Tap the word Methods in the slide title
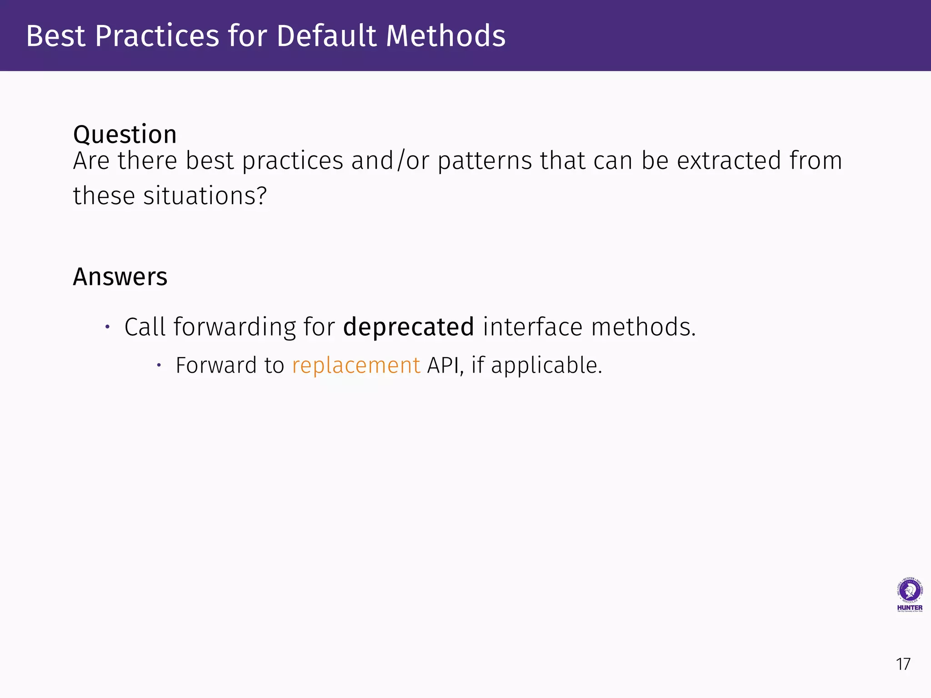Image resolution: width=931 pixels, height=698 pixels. [x=445, y=36]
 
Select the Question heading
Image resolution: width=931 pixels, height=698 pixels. [x=125, y=135]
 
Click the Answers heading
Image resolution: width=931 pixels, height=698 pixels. [x=120, y=277]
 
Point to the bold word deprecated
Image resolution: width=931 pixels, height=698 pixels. [x=408, y=327]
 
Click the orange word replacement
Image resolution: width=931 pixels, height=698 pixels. [x=356, y=366]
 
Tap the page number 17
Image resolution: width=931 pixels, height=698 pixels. [x=903, y=664]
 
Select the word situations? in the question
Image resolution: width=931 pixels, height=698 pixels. [x=205, y=196]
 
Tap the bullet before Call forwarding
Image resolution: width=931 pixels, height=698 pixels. [x=108, y=327]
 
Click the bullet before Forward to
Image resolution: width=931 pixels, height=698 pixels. [x=159, y=365]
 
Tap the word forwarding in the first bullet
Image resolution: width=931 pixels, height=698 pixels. [x=235, y=327]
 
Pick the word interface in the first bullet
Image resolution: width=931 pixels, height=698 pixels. [x=532, y=327]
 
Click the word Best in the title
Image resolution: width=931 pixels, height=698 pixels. [x=55, y=36]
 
